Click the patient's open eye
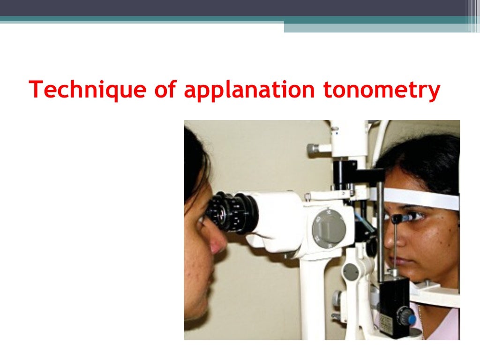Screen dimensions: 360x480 [x=417, y=217]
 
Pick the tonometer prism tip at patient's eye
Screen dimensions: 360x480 [x=397, y=218]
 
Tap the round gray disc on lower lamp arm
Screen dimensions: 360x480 [x=351, y=272]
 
